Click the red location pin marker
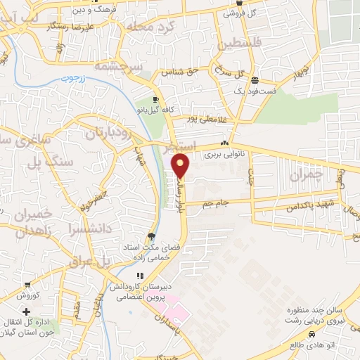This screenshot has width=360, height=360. pyautogui.click(x=181, y=166)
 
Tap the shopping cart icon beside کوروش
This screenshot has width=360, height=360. pyautogui.click(x=27, y=285)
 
